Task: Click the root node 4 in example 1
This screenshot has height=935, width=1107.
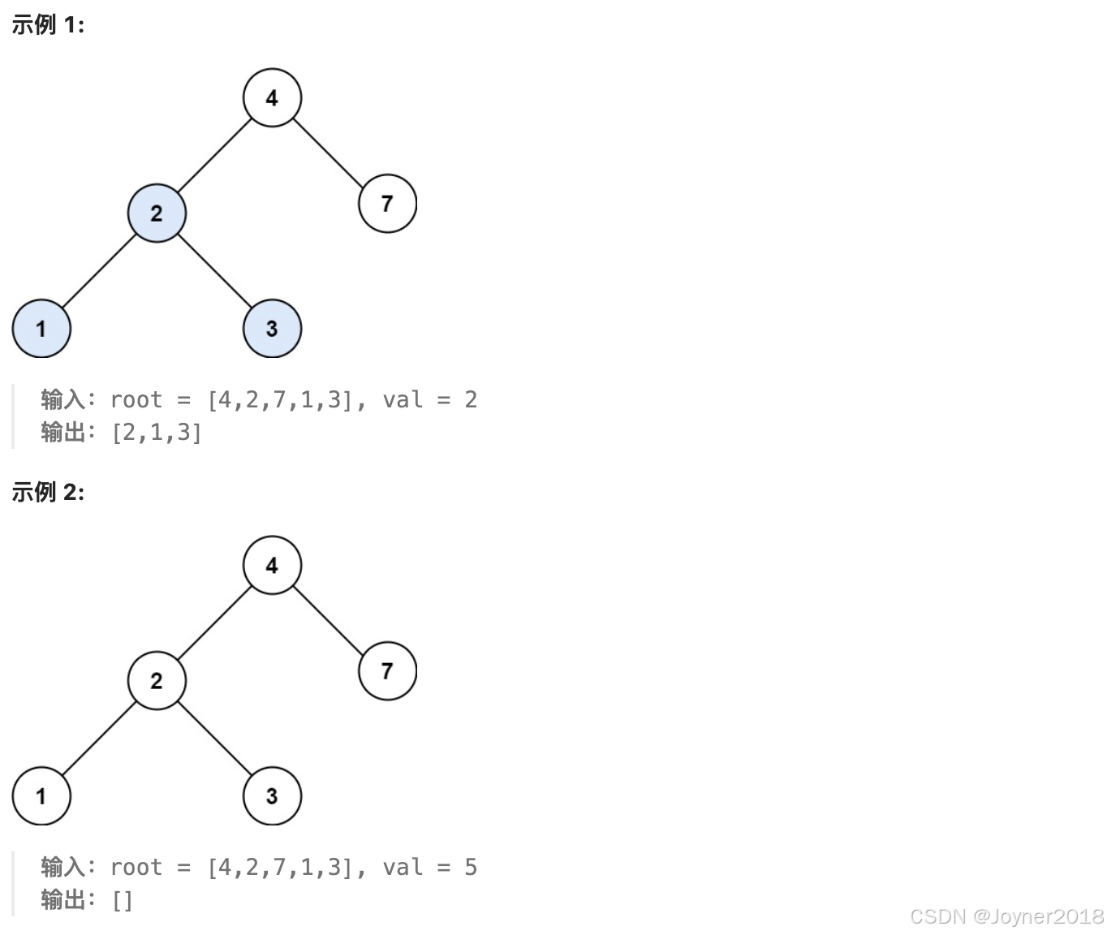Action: (x=272, y=97)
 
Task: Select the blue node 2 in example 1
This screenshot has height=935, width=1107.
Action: (x=157, y=213)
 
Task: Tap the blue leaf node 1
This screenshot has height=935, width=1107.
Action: (x=41, y=329)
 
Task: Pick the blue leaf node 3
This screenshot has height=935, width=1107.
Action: (x=272, y=329)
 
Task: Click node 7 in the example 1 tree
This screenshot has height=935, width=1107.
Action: (x=387, y=203)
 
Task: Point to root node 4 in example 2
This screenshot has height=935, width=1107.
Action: (x=272, y=565)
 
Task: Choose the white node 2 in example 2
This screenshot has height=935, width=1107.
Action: (x=157, y=680)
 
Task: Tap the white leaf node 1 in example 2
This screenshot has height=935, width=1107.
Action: (x=41, y=796)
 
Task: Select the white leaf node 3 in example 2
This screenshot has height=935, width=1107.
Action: (x=272, y=796)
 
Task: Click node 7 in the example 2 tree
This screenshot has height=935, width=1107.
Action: (x=387, y=670)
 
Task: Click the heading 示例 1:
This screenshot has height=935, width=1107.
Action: (x=48, y=25)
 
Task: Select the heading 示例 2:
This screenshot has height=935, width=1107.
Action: (x=48, y=492)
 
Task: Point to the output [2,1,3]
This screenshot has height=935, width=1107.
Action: (x=156, y=433)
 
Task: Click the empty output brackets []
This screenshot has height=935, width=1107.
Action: (x=122, y=900)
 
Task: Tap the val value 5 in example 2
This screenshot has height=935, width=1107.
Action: (x=471, y=868)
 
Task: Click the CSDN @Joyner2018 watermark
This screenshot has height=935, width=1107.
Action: (x=1006, y=916)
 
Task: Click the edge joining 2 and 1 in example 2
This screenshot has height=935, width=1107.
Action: (x=99, y=739)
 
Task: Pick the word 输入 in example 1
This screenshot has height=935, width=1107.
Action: (x=63, y=399)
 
